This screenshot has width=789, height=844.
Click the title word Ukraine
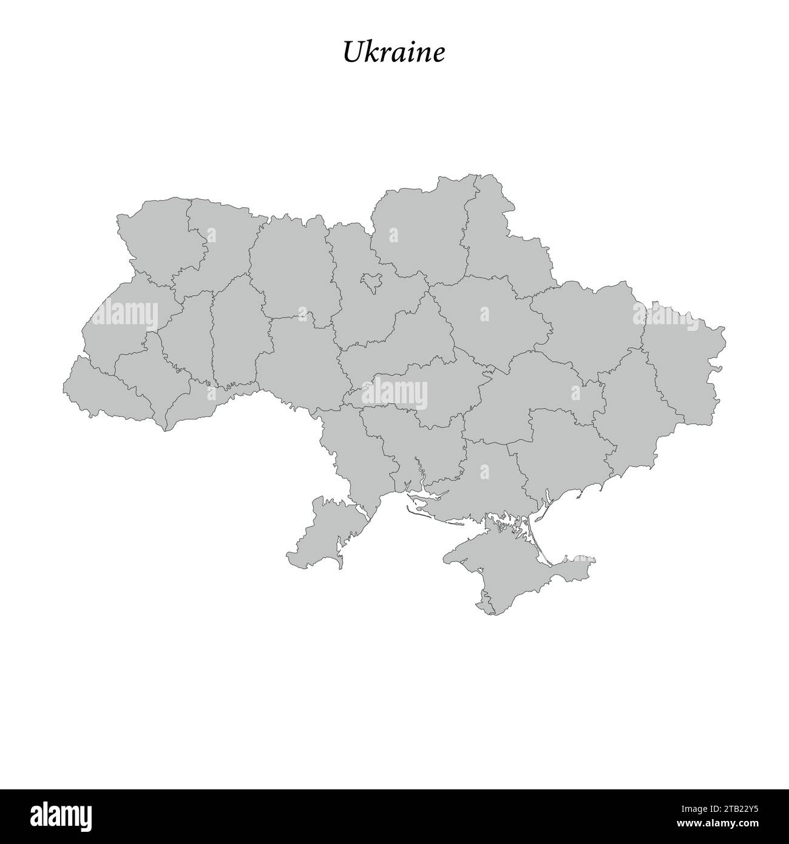[x=393, y=53]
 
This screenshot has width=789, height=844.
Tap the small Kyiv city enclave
[x=370, y=281]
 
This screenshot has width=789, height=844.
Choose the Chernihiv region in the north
[x=419, y=231]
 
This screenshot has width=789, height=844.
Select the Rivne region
[x=222, y=243]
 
